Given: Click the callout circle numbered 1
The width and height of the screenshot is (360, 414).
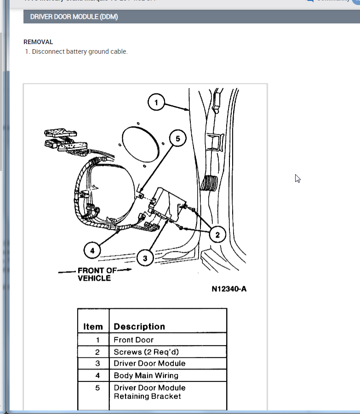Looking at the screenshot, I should tap(156, 102).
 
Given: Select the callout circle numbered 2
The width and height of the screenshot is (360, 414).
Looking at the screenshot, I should tap(217, 235).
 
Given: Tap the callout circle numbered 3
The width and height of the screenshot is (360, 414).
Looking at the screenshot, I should tap(145, 258).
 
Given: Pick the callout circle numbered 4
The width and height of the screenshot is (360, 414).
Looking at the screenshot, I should tap(92, 251).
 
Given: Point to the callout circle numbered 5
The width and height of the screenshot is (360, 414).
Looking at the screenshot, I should tap(178, 137).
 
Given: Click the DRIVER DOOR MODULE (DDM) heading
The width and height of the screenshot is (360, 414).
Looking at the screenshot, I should tap(74, 17).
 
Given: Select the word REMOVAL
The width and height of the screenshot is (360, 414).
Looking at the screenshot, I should tap(38, 42).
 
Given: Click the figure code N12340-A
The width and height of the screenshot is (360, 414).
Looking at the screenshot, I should tap(229, 289).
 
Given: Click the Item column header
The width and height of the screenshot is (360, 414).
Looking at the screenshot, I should tap(93, 327).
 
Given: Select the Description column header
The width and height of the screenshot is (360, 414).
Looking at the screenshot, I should tap(139, 327).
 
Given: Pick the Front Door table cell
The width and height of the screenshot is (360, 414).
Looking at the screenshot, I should tap(134, 340).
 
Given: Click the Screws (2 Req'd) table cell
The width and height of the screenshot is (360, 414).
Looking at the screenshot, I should tap(146, 352).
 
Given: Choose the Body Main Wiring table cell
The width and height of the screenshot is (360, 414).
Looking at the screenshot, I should tap(146, 375).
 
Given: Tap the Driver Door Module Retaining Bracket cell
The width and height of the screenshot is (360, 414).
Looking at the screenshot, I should tap(149, 392).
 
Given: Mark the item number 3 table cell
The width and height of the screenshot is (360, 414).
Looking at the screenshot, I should tap(97, 363).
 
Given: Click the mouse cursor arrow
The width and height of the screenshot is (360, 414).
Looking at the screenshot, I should tap(297, 179).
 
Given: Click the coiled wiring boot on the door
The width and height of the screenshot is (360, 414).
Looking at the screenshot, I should tap(210, 183).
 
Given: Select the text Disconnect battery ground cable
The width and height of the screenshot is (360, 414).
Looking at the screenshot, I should tap(80, 51).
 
